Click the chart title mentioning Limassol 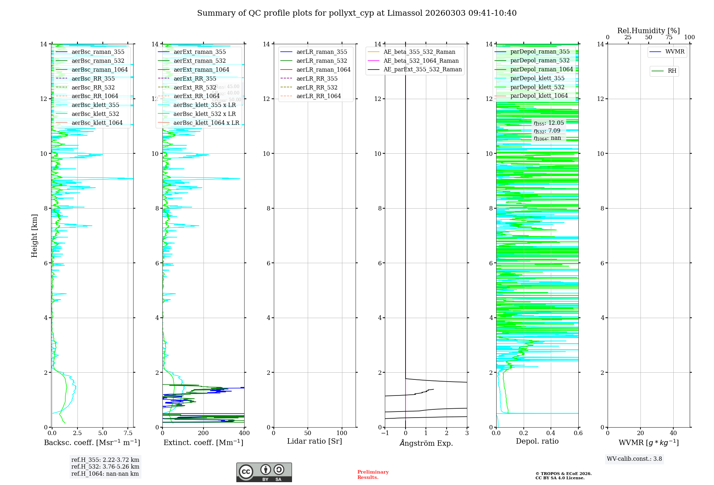(x=357, y=13)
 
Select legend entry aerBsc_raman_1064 (x=99, y=70)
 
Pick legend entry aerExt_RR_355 (x=195, y=79)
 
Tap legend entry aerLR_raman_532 (x=322, y=61)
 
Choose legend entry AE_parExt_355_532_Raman (x=422, y=70)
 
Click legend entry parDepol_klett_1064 (x=539, y=96)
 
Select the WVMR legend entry (x=674, y=52)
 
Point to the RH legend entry (x=672, y=71)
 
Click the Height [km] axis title (x=34, y=236)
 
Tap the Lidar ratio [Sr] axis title (x=315, y=441)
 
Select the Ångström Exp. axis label (x=426, y=443)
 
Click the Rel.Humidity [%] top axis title (x=648, y=31)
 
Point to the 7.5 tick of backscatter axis (x=128, y=433)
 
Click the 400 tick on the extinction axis (x=244, y=433)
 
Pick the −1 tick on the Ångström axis (x=384, y=433)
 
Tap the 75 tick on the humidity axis (x=669, y=37)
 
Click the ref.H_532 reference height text (x=105, y=467)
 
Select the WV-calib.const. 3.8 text (x=634, y=459)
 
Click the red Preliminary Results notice (x=373, y=475)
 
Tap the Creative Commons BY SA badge (x=264, y=472)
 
